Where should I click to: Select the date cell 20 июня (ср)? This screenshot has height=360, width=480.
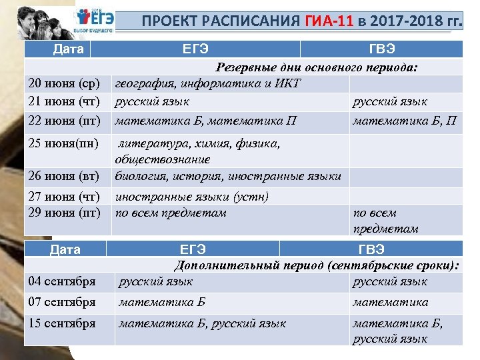(63, 84)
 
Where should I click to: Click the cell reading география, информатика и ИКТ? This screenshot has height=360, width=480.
(208, 84)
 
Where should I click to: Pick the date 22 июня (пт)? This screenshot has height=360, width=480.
(63, 121)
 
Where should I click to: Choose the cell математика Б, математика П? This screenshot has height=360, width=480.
(205, 121)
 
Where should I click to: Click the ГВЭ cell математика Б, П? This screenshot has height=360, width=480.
(405, 121)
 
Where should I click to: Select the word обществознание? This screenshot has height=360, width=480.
(162, 160)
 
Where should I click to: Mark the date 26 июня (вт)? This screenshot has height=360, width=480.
(63, 177)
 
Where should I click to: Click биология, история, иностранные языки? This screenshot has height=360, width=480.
(228, 177)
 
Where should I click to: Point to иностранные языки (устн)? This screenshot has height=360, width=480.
(191, 197)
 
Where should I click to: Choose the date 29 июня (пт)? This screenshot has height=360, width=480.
(63, 213)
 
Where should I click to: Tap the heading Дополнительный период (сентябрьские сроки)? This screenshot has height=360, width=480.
(317, 265)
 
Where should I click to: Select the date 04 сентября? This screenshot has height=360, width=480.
(61, 281)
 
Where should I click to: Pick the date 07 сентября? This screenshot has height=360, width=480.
(61, 302)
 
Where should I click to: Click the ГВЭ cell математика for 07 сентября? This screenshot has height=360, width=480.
(390, 302)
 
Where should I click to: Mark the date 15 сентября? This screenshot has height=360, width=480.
(61, 323)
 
